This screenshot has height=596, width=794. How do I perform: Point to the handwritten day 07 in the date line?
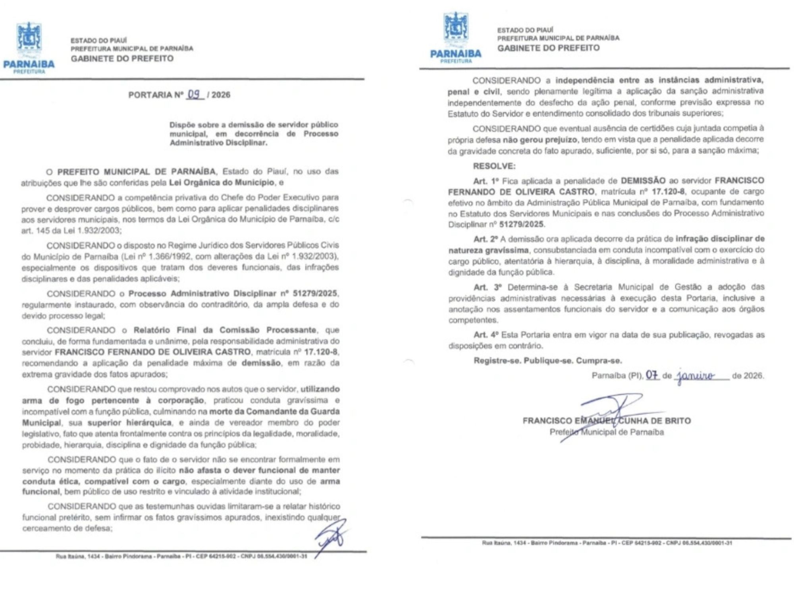(x=652, y=375)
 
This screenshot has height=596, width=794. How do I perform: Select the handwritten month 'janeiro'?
(x=696, y=375)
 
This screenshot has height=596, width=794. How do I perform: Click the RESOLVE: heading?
(x=494, y=166)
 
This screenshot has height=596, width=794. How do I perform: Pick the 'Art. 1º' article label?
(x=486, y=181)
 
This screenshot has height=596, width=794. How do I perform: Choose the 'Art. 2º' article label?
(x=486, y=239)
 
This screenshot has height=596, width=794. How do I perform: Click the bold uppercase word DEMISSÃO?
(x=643, y=180)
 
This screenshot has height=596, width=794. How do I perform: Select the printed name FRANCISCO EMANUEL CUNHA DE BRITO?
(x=607, y=421)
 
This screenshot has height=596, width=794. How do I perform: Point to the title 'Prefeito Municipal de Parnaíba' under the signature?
(x=607, y=432)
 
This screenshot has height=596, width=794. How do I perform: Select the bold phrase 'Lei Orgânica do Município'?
(x=222, y=182)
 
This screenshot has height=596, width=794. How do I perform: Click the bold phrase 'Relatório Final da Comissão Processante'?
(x=225, y=330)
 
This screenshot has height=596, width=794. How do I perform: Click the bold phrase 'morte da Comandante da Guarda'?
(x=274, y=411)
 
